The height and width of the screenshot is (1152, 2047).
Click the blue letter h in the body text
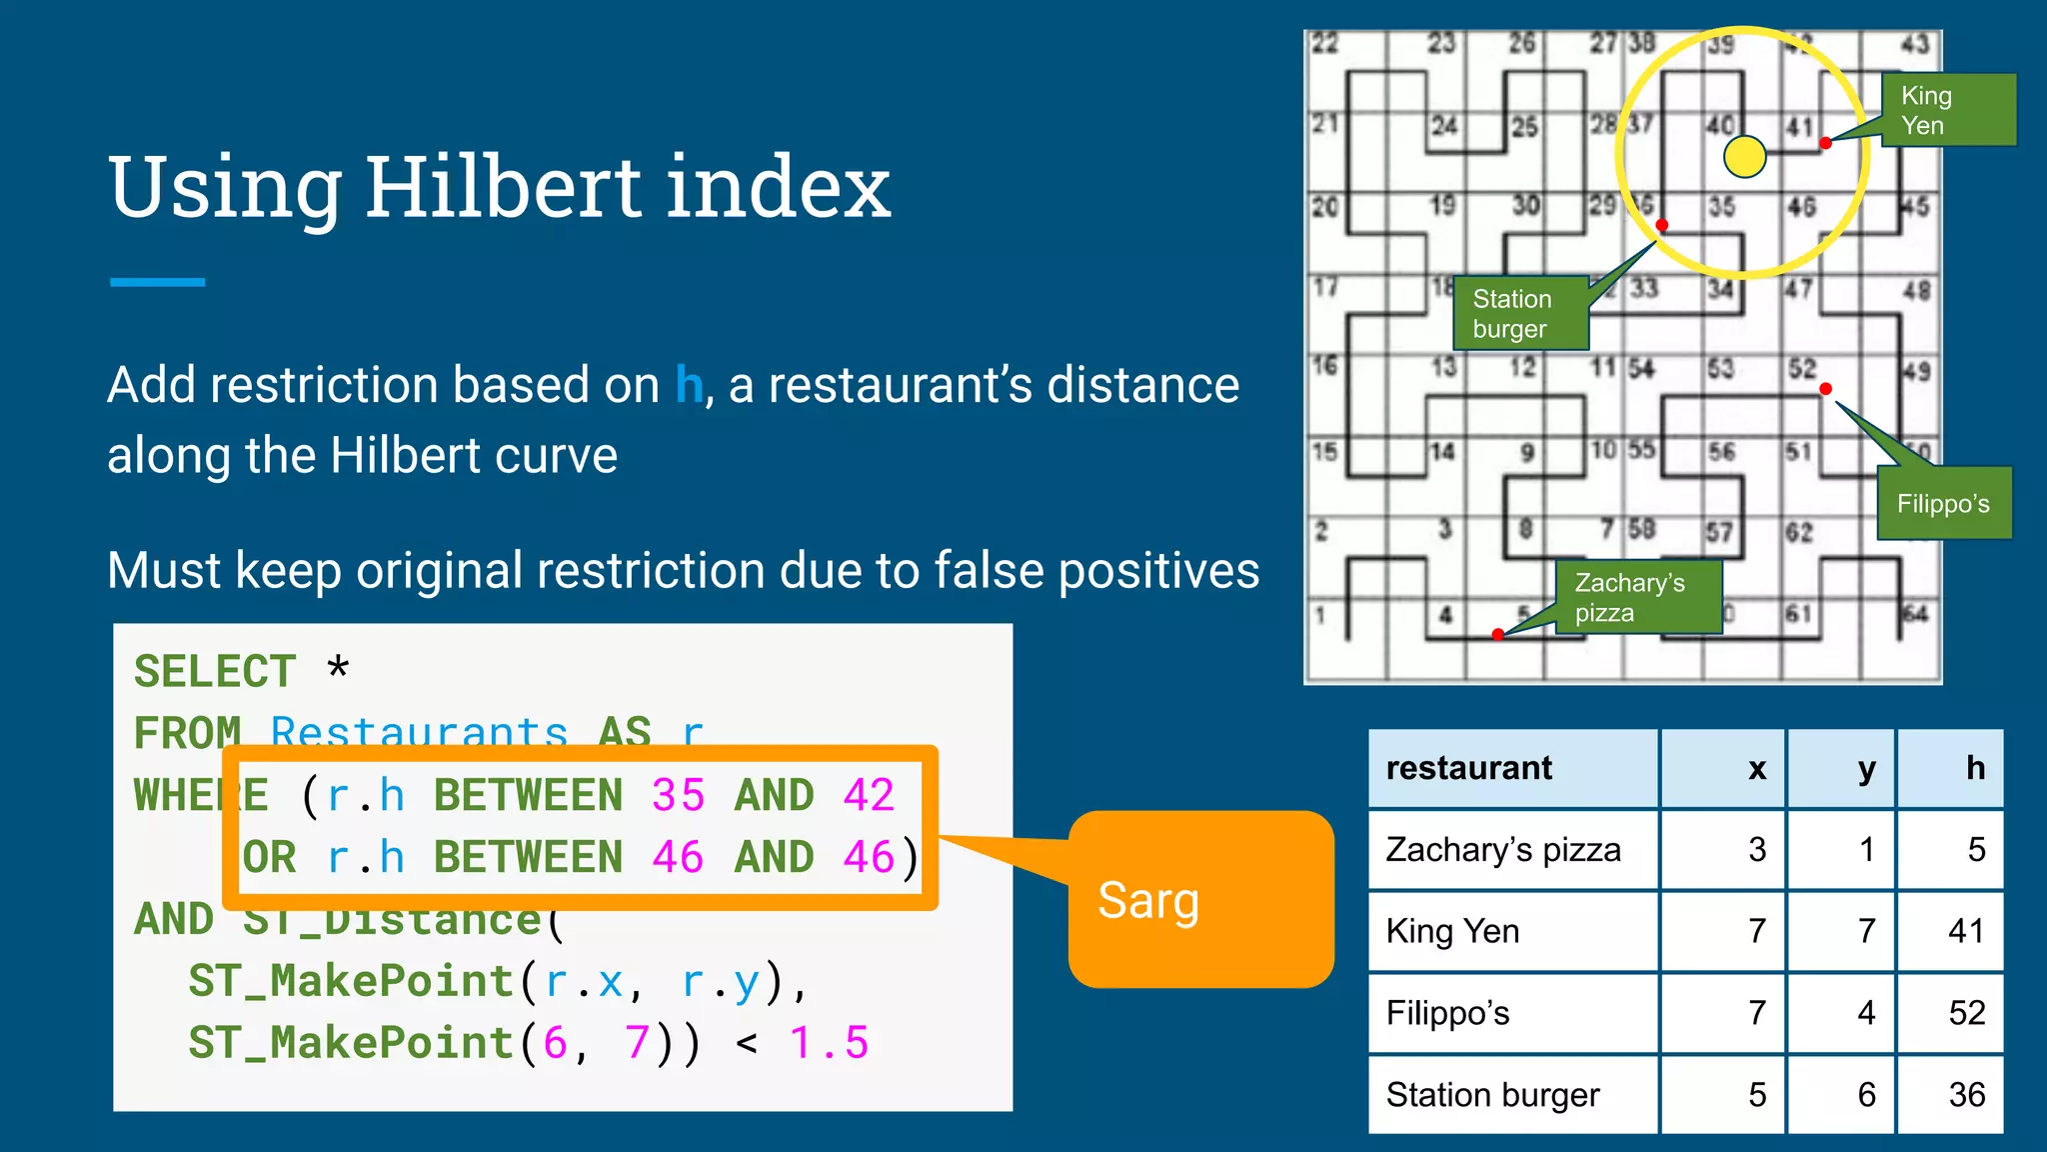pos(689,385)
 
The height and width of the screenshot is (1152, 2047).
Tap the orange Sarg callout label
pos(1148,900)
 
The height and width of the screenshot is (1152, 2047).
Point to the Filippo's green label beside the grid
pos(1943,503)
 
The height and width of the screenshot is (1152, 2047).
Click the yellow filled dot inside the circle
pos(1745,157)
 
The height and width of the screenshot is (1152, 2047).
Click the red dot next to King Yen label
pos(1825,143)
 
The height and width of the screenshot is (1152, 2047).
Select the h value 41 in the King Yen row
pos(1965,931)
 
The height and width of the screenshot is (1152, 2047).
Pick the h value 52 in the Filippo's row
pos(1966,1013)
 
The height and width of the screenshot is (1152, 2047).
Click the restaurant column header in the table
pos(1468,768)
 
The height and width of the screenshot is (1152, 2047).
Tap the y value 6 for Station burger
pos(1865,1095)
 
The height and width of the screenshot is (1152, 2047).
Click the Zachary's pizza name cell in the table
pos(1502,850)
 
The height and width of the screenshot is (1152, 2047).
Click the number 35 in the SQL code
pos(678,796)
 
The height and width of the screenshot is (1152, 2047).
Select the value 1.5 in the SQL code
pos(829,1043)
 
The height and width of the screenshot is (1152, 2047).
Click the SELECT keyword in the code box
pos(215,671)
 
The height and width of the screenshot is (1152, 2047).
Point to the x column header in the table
pos(1757,768)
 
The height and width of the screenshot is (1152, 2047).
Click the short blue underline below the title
pos(157,283)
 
